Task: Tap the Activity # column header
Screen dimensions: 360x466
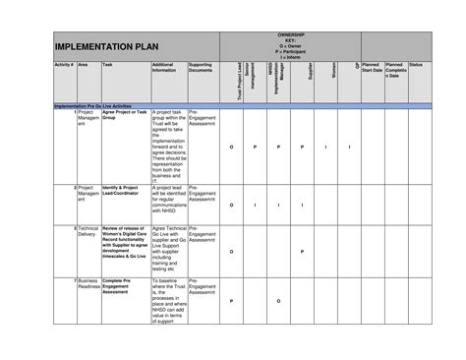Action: tap(61, 64)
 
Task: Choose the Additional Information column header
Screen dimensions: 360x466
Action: tap(166, 67)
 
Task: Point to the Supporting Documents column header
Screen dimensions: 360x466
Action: tap(202, 67)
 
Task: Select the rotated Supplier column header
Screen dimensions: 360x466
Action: tap(310, 73)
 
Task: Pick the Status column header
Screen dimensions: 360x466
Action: tap(416, 64)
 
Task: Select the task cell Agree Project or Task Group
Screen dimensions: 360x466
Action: tap(125, 115)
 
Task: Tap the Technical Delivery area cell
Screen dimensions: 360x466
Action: tap(87, 232)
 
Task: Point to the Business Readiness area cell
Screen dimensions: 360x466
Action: tap(87, 284)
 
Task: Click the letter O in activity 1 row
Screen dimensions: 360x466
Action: tap(232, 146)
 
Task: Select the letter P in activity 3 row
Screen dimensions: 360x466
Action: tap(302, 251)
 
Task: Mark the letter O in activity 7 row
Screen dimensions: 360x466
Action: tap(278, 301)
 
